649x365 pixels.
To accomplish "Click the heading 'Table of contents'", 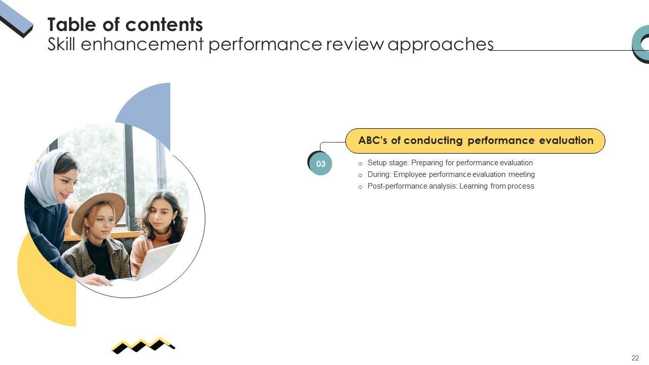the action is pos(125,24).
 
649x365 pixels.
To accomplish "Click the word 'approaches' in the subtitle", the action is pos(440,45).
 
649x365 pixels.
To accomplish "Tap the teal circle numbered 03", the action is pos(321,164).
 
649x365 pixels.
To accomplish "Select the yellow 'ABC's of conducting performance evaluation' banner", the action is pos(475,141).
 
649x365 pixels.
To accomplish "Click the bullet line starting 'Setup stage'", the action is pos(450,163).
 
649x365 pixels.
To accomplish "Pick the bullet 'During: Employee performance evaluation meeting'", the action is pos(451,174).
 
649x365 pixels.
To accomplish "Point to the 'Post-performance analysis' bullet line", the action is pos(450,186).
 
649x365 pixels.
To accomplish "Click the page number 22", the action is pos(635,358).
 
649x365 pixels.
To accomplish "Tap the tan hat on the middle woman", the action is pos(99,208).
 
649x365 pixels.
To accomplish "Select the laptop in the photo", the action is pos(157,260).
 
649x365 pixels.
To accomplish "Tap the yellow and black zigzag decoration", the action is pos(143,345).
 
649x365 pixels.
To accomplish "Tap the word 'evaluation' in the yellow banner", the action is pos(566,140).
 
